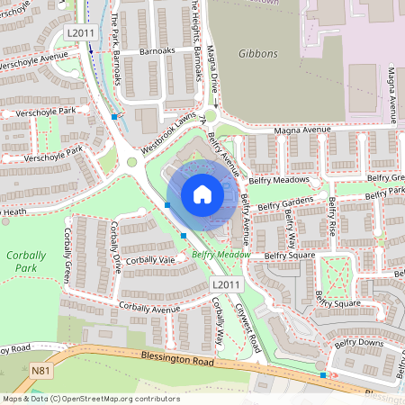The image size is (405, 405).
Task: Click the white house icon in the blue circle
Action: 202,194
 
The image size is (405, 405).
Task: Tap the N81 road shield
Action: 40,369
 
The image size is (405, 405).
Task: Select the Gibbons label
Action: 258,54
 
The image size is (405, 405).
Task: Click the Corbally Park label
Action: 26,261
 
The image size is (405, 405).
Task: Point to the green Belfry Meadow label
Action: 220,255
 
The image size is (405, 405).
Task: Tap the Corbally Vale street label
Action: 150,260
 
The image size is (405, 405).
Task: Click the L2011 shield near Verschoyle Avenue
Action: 79,32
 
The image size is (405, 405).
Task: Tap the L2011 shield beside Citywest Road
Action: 227,284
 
